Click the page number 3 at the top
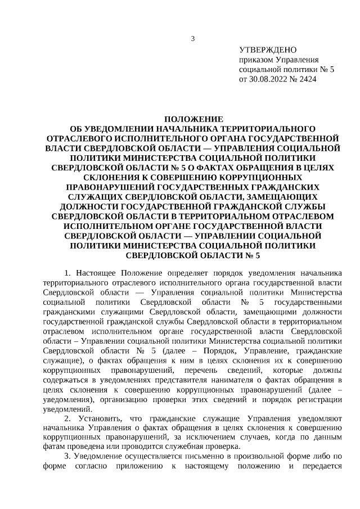pyautogui.click(x=193, y=39)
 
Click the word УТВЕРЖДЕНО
pyautogui.click(x=268, y=50)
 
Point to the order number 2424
pyautogui.click(x=308, y=80)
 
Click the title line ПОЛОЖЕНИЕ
pyautogui.click(x=193, y=119)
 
